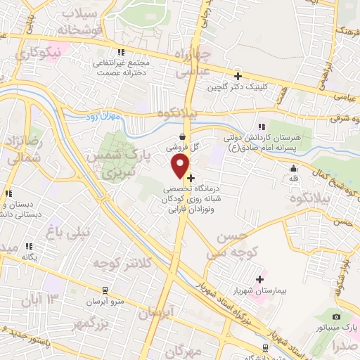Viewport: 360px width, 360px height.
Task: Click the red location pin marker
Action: tap(181, 166)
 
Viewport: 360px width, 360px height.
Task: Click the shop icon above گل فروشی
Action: tap(183, 137)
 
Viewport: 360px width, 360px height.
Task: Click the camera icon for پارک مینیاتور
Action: tap(337, 317)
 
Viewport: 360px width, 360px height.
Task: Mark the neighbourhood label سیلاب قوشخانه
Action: tap(82, 22)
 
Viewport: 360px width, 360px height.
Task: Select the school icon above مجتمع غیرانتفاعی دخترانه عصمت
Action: tap(122, 52)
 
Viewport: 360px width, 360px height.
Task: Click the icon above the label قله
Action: tap(293, 168)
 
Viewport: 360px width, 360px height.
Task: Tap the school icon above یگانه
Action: tap(29, 246)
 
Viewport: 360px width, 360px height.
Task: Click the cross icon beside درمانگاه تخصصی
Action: tap(191, 178)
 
